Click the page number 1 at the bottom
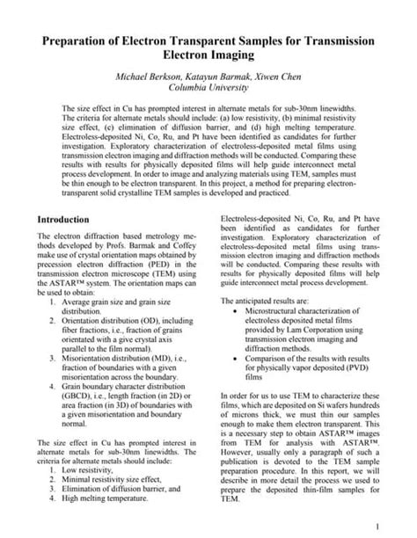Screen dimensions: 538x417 pyautogui.click(x=376, y=525)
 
